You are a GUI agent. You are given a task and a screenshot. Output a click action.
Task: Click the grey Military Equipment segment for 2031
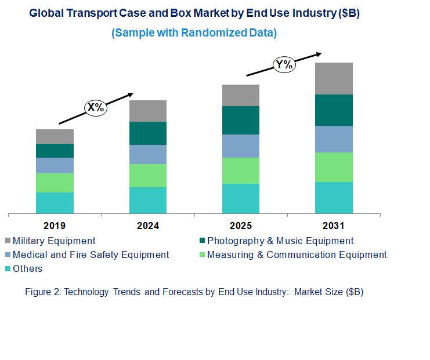[334, 78]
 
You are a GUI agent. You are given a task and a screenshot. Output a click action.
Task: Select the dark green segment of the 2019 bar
[55, 151]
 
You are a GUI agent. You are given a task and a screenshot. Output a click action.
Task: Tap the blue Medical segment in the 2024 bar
[147, 154]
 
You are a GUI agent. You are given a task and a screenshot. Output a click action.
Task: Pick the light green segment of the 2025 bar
[240, 170]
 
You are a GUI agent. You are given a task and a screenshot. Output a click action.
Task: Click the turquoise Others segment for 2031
[334, 198]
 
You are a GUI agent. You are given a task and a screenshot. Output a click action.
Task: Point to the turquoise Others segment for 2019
[55, 203]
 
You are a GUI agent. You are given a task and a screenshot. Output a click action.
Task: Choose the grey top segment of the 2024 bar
[147, 111]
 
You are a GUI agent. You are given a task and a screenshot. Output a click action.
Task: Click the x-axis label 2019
[55, 226]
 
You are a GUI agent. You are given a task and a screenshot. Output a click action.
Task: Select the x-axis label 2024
[147, 226]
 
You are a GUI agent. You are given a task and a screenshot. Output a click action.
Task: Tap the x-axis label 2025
[240, 226]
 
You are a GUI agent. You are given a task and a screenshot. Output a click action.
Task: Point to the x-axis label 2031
[334, 226]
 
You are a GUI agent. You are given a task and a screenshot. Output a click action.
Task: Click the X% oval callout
[96, 107]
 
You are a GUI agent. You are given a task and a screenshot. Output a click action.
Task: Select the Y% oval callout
[284, 64]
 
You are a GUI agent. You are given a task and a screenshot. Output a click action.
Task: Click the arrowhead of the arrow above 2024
[131, 93]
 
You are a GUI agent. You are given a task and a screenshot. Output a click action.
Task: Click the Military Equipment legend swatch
[8, 241]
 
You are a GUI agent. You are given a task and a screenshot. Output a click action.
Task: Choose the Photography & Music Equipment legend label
[280, 241]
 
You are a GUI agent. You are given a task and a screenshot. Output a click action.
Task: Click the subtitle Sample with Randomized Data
[194, 33]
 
